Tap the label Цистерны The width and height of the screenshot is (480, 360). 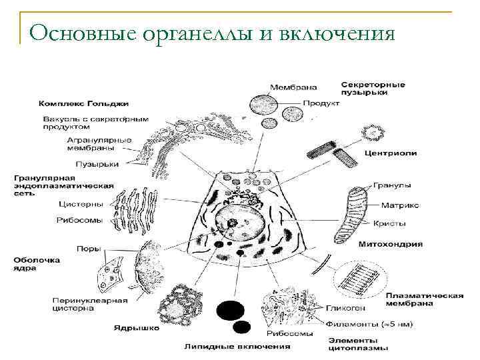[80, 204]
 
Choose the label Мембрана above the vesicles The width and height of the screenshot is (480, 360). [293, 87]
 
